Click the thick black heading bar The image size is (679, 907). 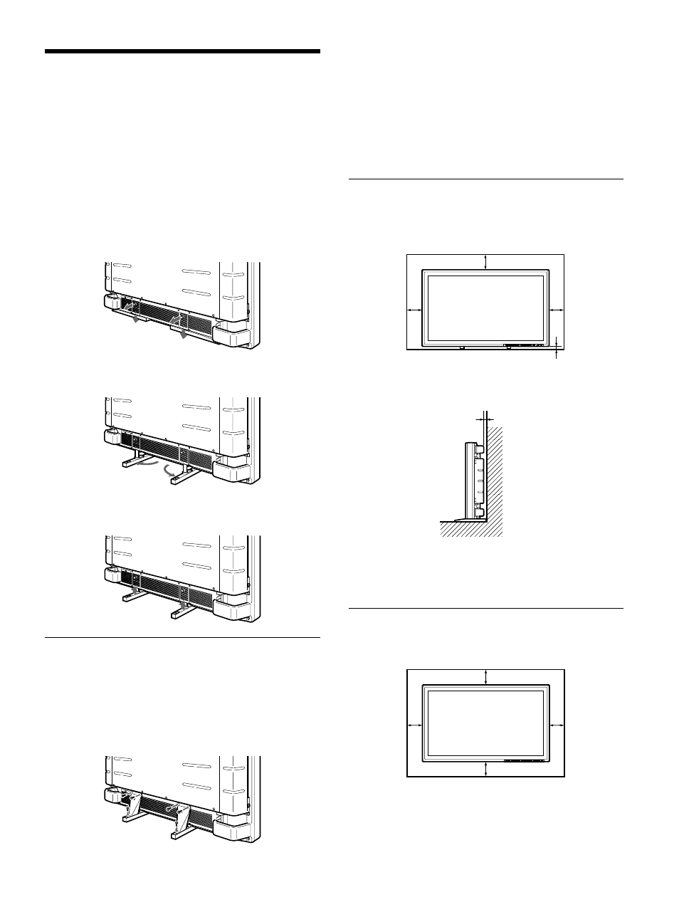(x=182, y=52)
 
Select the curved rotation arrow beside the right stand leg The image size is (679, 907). (x=169, y=471)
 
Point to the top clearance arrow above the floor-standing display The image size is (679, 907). (x=485, y=261)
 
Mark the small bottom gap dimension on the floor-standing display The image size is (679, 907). (x=556, y=347)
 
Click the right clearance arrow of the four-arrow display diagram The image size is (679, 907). (x=557, y=724)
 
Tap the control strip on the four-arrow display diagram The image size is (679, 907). (x=524, y=760)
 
